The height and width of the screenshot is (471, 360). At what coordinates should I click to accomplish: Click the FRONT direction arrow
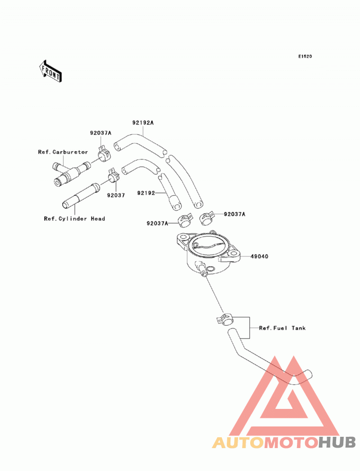50,71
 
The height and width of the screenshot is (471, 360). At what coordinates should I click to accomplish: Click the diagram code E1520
305,57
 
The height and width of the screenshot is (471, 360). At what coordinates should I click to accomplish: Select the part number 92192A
143,122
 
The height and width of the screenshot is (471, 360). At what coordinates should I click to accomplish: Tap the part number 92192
146,193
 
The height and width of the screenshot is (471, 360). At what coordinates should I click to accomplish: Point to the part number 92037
116,195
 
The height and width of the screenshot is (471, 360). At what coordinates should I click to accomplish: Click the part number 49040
260,256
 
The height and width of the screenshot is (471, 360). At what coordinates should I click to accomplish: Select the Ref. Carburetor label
63,152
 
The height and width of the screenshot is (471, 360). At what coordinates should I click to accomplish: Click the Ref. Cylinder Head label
75,219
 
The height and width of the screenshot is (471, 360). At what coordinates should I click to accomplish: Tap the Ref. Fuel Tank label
283,328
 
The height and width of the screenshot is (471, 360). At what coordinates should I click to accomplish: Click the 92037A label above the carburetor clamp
101,133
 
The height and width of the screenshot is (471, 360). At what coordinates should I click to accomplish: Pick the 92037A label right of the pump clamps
235,214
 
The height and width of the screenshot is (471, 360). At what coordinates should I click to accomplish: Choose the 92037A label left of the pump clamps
157,224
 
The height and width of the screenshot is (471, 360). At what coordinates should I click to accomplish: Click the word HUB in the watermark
337,443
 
